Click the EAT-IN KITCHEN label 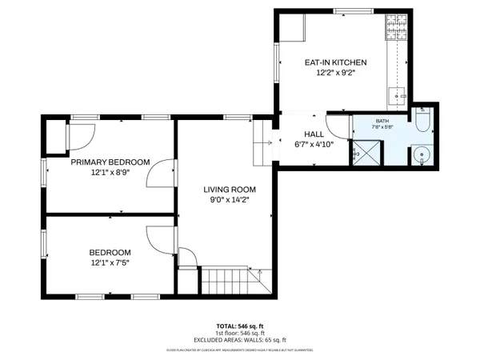[x=335, y=62]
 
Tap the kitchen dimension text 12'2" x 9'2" [x=335, y=73]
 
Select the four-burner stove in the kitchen [x=396, y=30]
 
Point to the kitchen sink [x=398, y=97]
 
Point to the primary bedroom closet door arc [x=82, y=134]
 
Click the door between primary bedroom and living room [x=164, y=173]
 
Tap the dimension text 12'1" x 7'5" [x=110, y=263]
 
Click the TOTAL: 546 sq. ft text [x=239, y=327]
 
